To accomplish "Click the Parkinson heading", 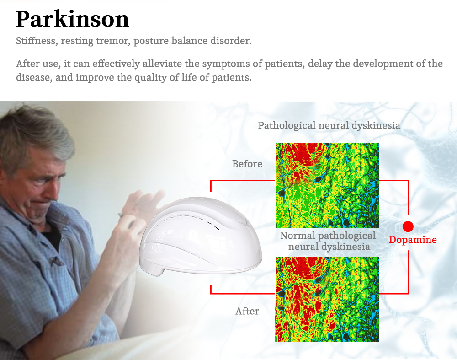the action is pyautogui.click(x=72, y=19).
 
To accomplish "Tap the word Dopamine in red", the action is pyautogui.click(x=413, y=240).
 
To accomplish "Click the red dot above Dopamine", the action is pyautogui.click(x=408, y=226).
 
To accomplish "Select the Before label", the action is pyautogui.click(x=247, y=164).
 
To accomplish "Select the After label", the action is pyautogui.click(x=247, y=311).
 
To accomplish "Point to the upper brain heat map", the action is pyautogui.click(x=327, y=185).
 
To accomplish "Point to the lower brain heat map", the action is pyautogui.click(x=327, y=299).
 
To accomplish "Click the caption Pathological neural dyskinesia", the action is pyautogui.click(x=329, y=125).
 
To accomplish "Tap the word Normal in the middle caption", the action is pyautogui.click(x=298, y=236).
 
